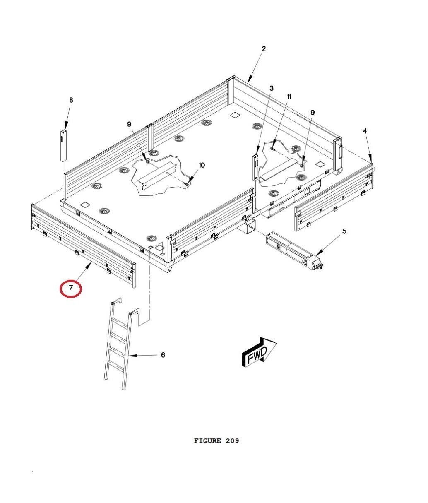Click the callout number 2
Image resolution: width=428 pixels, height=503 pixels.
(264, 49)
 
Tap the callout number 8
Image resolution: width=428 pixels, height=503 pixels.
(71, 100)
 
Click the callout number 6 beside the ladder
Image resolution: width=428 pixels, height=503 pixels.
(163, 355)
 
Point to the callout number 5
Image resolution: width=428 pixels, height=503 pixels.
(344, 231)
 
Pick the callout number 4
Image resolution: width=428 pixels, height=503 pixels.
(365, 131)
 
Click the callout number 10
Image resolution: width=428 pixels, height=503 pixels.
(202, 165)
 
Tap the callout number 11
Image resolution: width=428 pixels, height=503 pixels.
(289, 96)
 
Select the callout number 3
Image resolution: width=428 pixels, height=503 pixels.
(271, 88)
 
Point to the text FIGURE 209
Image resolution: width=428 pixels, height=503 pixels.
(216, 441)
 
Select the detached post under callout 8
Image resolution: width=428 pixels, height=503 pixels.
(63, 145)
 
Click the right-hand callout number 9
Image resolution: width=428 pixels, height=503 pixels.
(313, 112)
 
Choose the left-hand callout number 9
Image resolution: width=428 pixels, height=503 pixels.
(129, 124)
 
